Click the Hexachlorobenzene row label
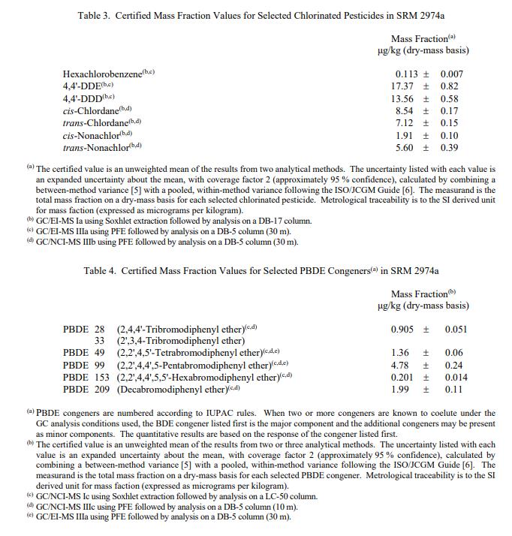104,74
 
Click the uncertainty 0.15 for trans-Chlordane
450,123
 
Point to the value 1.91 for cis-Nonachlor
410,136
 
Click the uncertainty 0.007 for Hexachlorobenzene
452,74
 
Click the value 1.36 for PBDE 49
401,353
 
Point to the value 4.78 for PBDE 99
401,366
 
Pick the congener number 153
102,378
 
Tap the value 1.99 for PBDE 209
401,390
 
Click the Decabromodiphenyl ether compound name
172,390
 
